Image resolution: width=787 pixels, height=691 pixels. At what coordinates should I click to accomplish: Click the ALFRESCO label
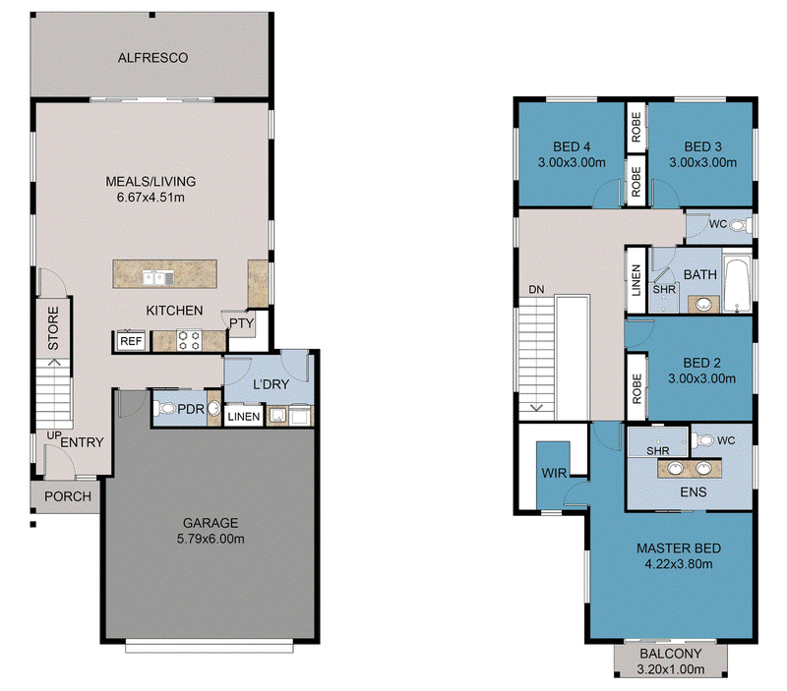point(152,58)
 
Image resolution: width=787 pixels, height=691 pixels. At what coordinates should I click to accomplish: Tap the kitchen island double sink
point(158,277)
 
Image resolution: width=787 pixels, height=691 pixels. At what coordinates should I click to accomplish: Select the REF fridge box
point(131,341)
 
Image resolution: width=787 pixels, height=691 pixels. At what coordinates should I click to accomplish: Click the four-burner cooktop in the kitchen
point(189,340)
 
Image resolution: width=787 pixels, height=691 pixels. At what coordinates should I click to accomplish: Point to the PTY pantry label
point(241,323)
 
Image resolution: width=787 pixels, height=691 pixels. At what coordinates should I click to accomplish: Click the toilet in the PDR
point(163,408)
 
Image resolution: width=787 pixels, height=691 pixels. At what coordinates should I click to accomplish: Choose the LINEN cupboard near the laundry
point(243,416)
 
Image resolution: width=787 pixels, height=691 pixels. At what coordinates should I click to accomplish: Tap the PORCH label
point(68,496)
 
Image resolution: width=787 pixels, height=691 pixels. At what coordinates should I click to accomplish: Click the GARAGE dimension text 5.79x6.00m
point(211,539)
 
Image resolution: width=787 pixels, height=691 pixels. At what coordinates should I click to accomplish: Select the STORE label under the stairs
point(53,328)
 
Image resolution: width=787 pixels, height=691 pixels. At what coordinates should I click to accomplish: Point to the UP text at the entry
point(54,435)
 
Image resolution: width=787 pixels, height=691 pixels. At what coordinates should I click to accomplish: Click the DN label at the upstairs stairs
point(536,289)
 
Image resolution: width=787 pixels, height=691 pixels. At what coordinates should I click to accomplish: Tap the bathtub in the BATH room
point(737,284)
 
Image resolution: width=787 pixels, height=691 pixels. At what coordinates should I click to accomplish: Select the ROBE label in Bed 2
point(636,388)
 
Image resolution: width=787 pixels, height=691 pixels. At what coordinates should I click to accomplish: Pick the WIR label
point(554,473)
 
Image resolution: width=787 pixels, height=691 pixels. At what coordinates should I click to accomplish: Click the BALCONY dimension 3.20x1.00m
point(671,669)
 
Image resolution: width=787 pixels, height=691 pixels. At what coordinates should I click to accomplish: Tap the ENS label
point(694,491)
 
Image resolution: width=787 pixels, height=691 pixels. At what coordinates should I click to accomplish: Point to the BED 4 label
point(572,146)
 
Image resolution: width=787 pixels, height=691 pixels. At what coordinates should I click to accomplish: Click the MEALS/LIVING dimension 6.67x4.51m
point(151,197)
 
